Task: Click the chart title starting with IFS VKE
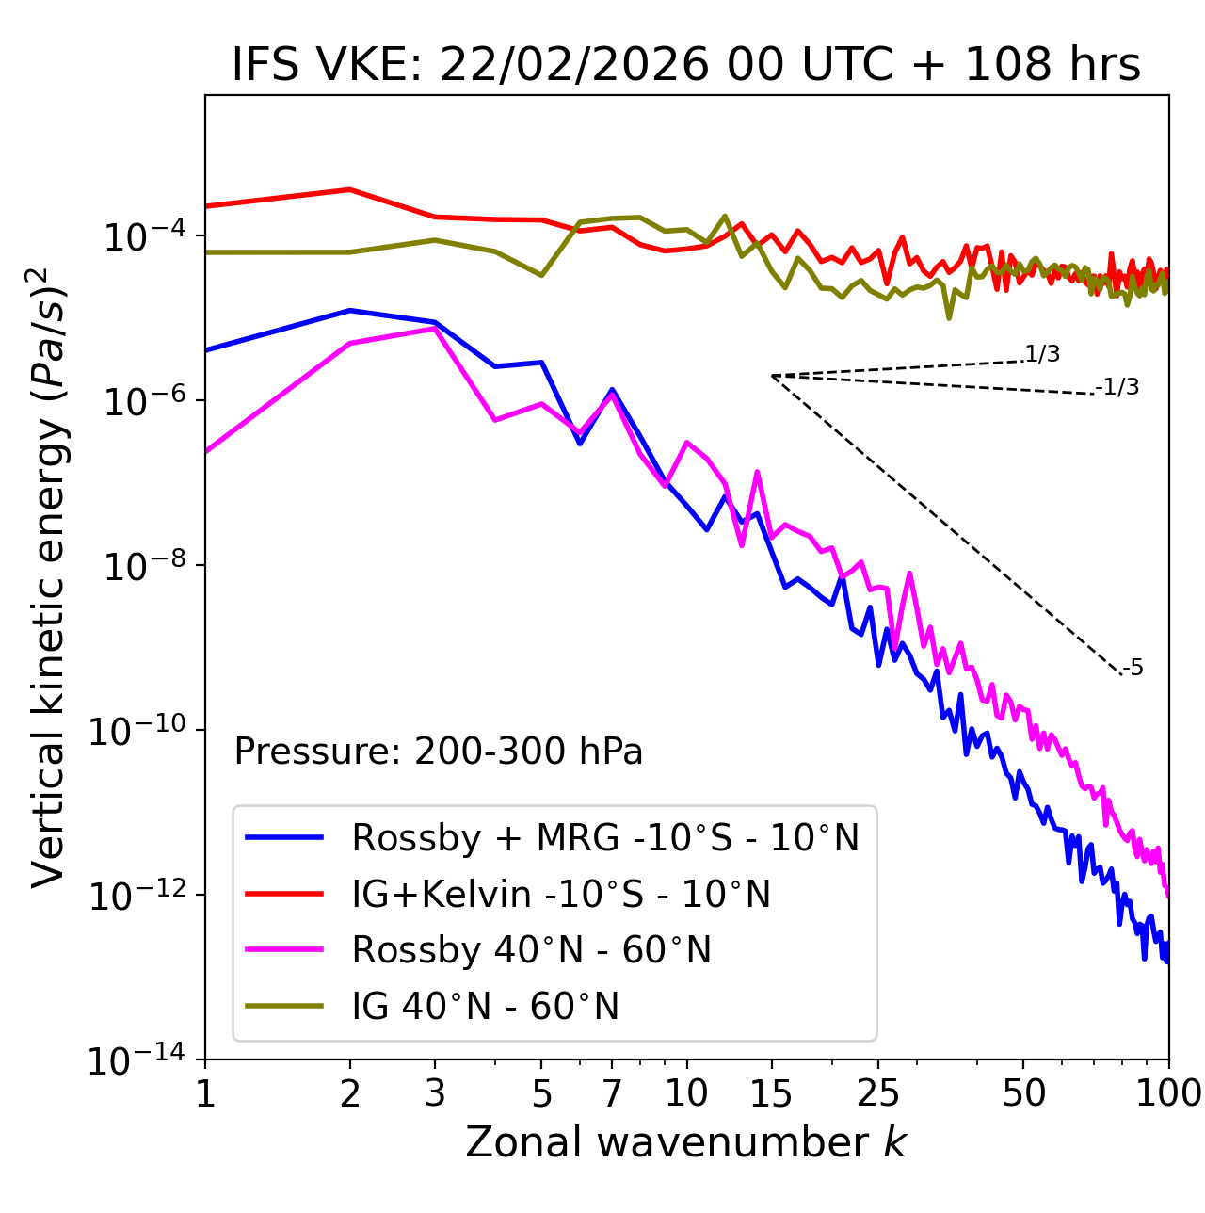686,65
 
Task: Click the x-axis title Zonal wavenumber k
686,1142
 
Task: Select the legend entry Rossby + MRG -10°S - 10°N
605,837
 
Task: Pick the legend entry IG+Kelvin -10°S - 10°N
561,894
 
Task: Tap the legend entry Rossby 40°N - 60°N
531,950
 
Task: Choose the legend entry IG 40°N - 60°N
485,1007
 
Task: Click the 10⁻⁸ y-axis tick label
142,565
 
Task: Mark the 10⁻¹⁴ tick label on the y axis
137,1060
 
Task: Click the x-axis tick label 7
612,1093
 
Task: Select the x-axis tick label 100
1167,1093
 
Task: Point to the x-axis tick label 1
205,1093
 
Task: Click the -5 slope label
1133,669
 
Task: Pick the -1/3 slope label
1117,387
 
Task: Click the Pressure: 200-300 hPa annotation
438,752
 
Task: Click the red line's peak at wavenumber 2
350,189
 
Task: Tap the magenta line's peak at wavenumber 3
434,329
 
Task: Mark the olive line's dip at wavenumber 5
541,275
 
